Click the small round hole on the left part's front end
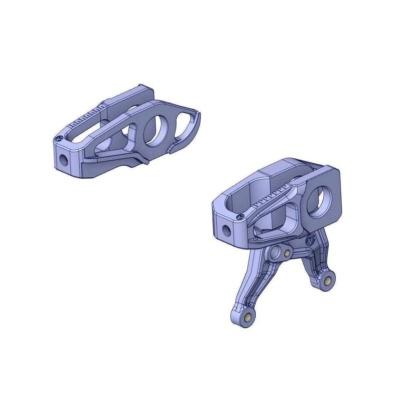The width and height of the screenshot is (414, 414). [x=64, y=159]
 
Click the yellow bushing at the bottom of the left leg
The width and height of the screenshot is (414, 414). [x=247, y=318]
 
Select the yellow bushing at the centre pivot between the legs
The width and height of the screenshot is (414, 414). [x=287, y=254]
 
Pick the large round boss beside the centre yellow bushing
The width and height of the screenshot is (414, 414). [x=276, y=253]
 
